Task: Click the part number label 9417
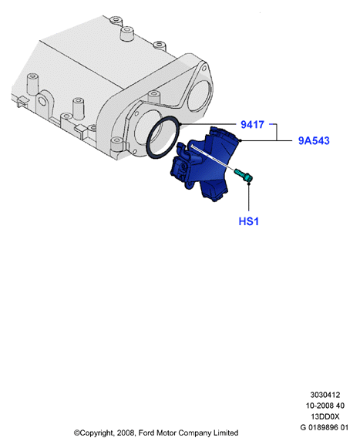[x=252, y=125]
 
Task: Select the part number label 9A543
[x=314, y=140]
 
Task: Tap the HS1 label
[x=248, y=221]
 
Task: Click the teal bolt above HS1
[x=244, y=175]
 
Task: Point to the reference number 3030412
[x=325, y=395]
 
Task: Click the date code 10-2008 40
[x=325, y=406]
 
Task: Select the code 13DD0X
[x=325, y=416]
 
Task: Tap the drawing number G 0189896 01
[x=325, y=428]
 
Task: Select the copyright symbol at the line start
[x=77, y=433]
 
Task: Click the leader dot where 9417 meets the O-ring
[x=180, y=124]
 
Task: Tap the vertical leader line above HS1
[x=249, y=197]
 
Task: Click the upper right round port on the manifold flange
[x=200, y=96]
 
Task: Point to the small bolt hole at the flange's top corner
[x=204, y=69]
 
